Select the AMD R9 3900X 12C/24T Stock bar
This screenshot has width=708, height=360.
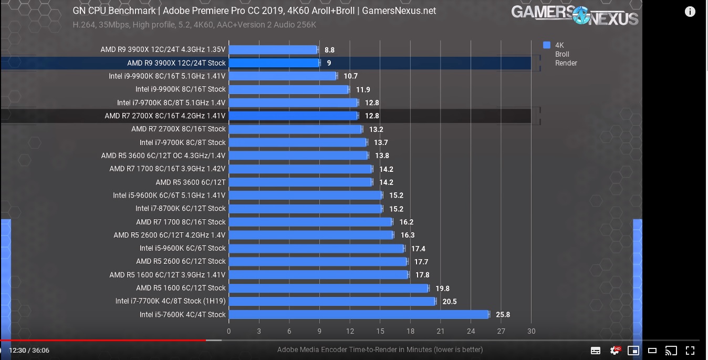pyautogui.click(x=274, y=63)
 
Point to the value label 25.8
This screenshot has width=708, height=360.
pyautogui.click(x=503, y=315)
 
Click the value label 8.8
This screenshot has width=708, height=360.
pyautogui.click(x=329, y=50)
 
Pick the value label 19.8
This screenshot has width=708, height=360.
pyautogui.click(x=442, y=289)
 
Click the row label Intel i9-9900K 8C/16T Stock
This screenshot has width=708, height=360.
pyautogui.click(x=180, y=89)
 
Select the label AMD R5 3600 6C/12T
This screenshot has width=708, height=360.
pyautogui.click(x=190, y=182)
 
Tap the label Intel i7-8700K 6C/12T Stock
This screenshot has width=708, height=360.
pyautogui.click(x=180, y=209)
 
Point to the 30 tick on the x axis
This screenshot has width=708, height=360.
pyautogui.click(x=531, y=331)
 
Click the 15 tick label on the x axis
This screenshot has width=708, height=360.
pyautogui.click(x=380, y=331)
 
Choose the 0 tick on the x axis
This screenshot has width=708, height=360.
pyautogui.click(x=228, y=331)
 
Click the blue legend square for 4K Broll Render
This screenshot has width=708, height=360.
pyautogui.click(x=547, y=45)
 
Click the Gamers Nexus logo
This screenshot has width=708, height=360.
pyautogui.click(x=575, y=15)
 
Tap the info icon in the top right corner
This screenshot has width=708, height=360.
pyautogui.click(x=690, y=12)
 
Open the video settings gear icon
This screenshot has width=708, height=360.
pyautogui.click(x=614, y=351)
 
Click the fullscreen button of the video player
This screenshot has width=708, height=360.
pyautogui.click(x=690, y=351)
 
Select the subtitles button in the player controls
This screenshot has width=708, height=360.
pyautogui.click(x=596, y=351)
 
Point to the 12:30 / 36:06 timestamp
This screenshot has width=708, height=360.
pyautogui.click(x=29, y=351)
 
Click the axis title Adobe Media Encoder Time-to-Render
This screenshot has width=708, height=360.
pyautogui.click(x=380, y=349)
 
